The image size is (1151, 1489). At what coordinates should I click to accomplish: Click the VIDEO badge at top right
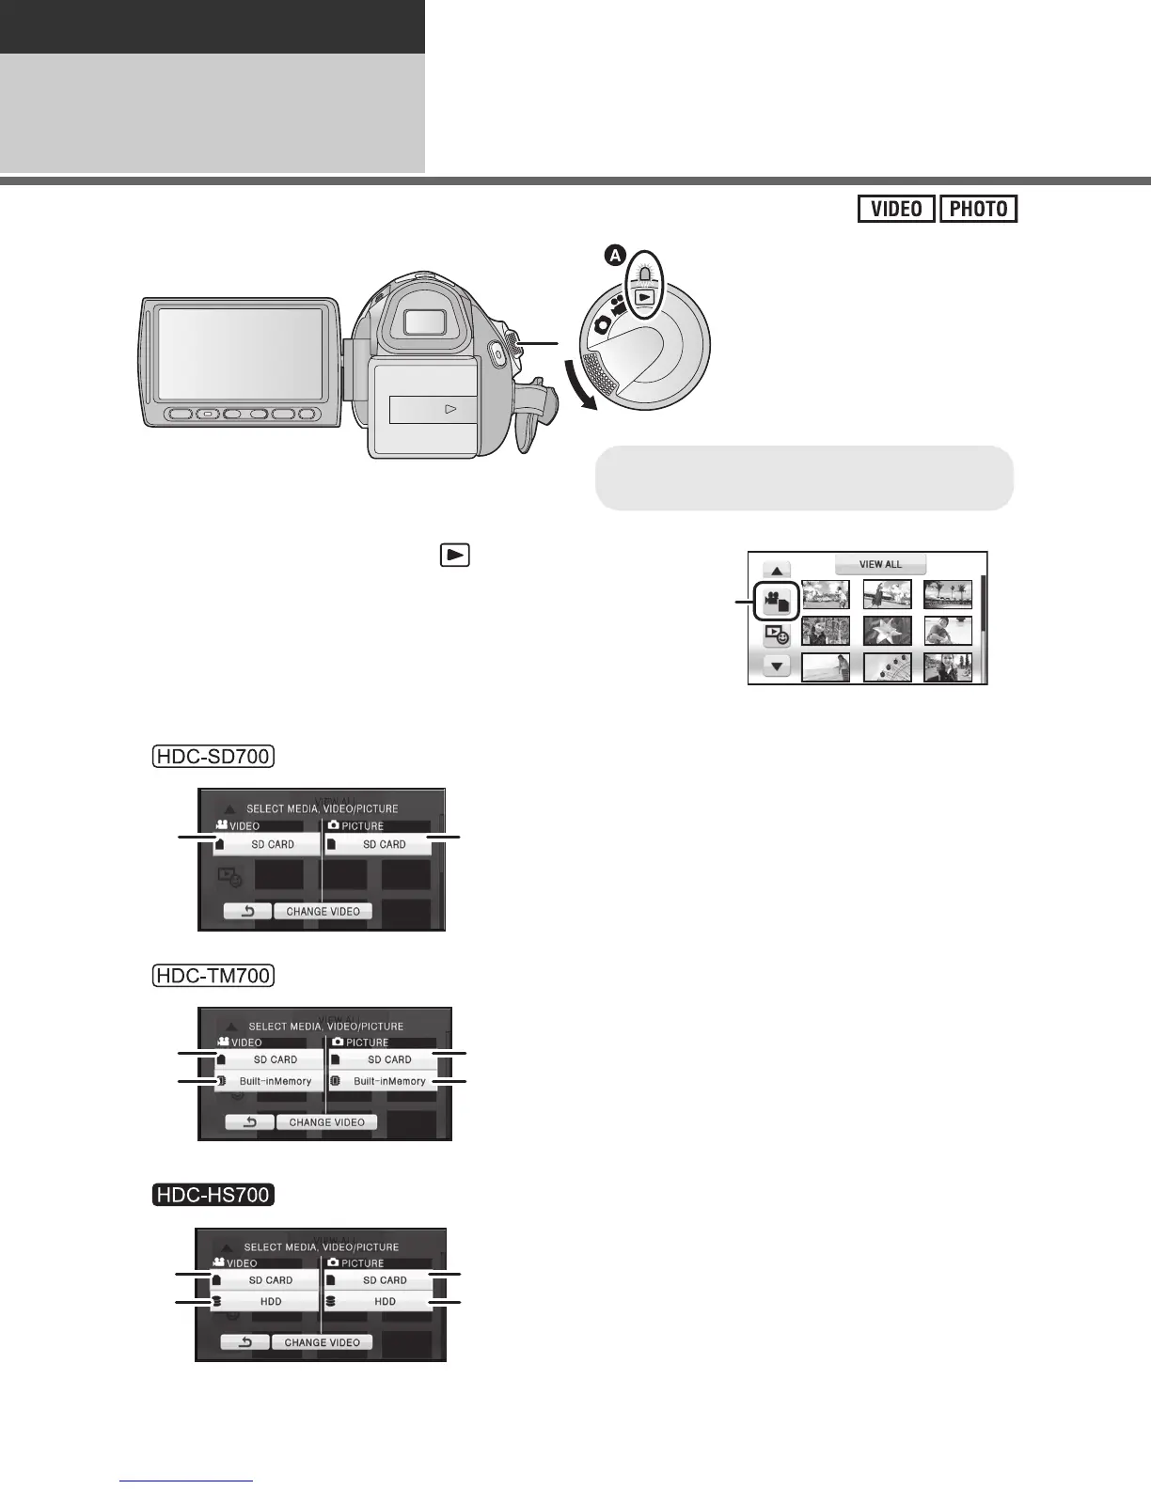[896, 209]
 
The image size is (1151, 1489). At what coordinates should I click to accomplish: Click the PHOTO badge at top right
[978, 209]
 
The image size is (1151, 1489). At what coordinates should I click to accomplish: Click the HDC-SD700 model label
[213, 757]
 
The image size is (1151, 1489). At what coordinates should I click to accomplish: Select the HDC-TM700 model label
[213, 976]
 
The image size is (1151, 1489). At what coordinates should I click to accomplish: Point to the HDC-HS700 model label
[213, 1195]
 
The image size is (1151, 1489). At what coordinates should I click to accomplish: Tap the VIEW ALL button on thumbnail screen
[880, 564]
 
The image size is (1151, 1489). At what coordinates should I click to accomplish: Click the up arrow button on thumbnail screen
[777, 570]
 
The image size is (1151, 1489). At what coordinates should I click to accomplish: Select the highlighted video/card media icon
[777, 602]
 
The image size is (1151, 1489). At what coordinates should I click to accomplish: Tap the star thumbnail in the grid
[887, 630]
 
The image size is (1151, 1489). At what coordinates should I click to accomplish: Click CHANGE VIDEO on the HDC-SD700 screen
[323, 911]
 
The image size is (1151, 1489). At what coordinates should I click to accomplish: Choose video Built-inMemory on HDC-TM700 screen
[270, 1081]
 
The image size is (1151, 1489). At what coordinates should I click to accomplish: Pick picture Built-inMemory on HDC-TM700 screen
[384, 1081]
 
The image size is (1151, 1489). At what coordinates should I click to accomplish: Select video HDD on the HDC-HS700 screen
[268, 1302]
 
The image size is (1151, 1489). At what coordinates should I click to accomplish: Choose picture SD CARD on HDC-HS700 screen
[380, 1280]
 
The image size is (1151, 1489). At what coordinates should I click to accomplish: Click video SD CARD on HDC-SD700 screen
[268, 844]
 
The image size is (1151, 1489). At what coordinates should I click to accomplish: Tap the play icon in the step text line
[454, 555]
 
